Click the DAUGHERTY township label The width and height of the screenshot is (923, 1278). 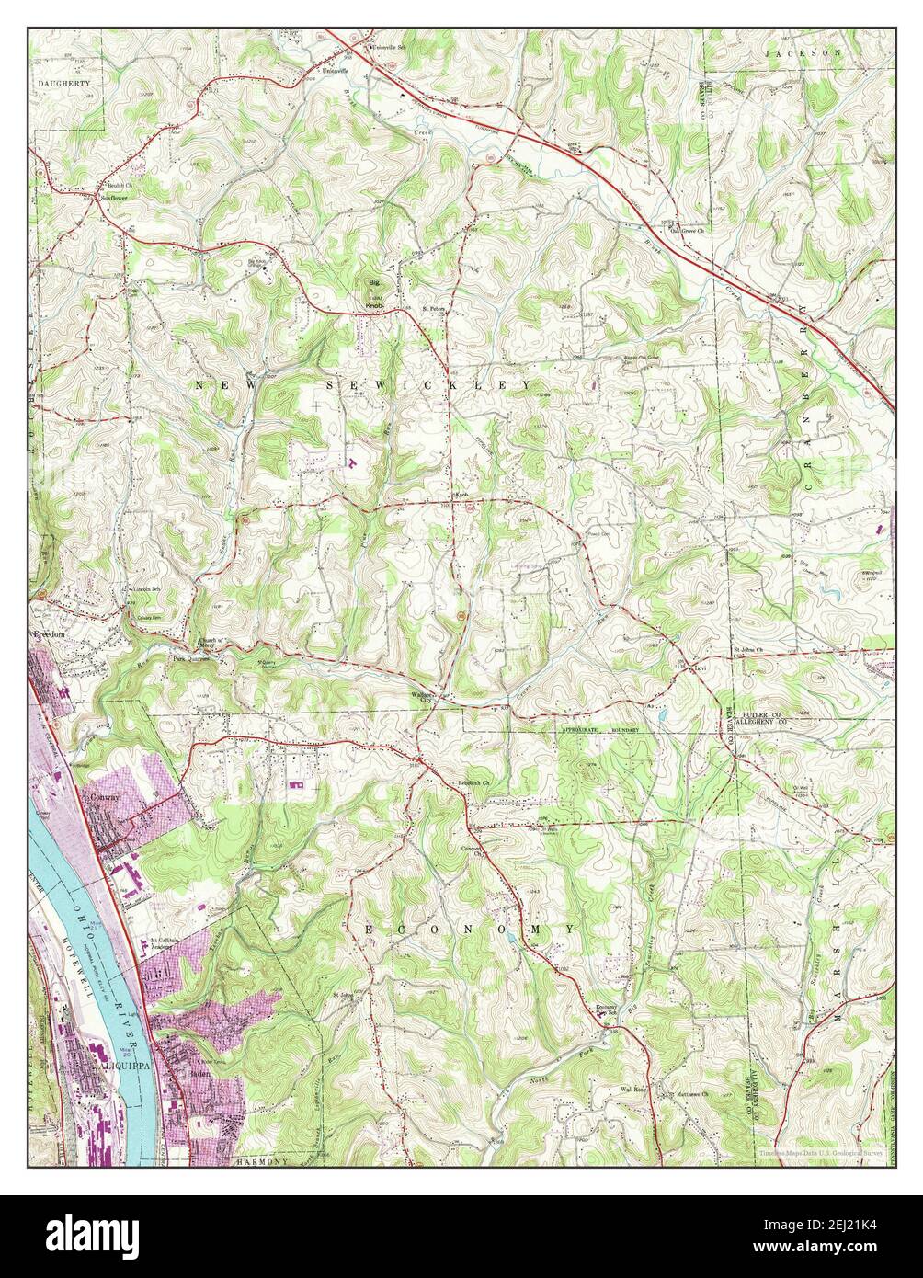coord(64,83)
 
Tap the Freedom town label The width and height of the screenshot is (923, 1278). coord(45,634)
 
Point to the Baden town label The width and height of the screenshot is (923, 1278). coord(199,1072)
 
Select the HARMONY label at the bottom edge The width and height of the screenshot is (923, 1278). coord(262,1162)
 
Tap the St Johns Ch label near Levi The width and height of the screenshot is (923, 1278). coord(748,652)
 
